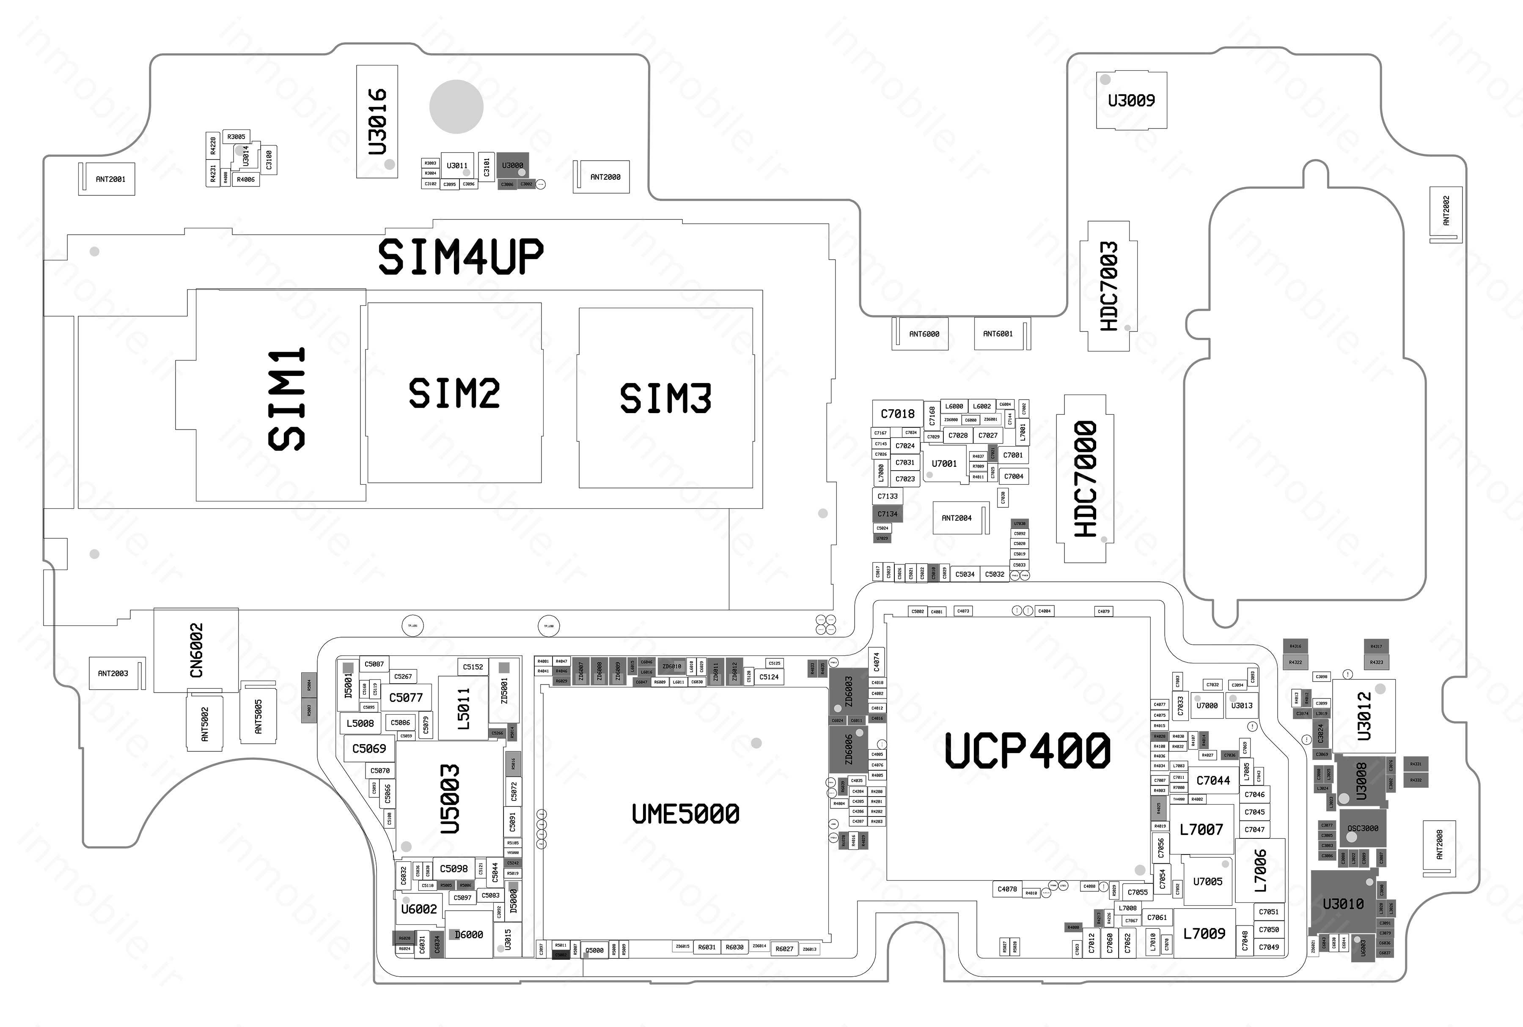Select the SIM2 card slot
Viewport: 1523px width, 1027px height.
point(454,393)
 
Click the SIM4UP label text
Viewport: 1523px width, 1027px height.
point(461,256)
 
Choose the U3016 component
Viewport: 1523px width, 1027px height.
point(377,121)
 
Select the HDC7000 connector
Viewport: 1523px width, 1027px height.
point(1085,479)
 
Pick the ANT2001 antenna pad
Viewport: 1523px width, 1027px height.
point(110,179)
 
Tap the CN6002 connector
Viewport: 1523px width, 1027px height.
point(196,650)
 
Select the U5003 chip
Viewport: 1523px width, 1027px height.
point(450,799)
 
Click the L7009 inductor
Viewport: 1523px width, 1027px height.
point(1204,933)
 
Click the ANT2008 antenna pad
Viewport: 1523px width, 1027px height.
point(1440,845)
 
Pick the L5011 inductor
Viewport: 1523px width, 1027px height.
point(463,709)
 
